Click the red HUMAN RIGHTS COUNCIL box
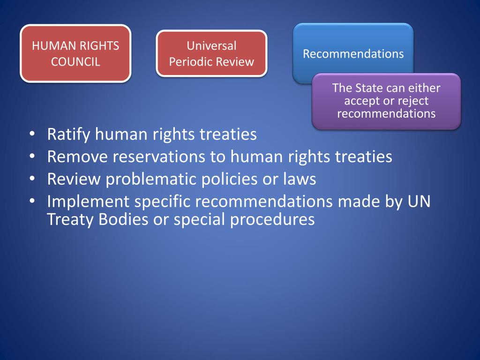[75, 53]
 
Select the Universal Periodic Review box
[211, 53]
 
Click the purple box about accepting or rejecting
[386, 101]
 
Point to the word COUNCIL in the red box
[75, 62]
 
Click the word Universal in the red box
[211, 46]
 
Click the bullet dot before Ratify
[31, 135]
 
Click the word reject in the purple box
[412, 101]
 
